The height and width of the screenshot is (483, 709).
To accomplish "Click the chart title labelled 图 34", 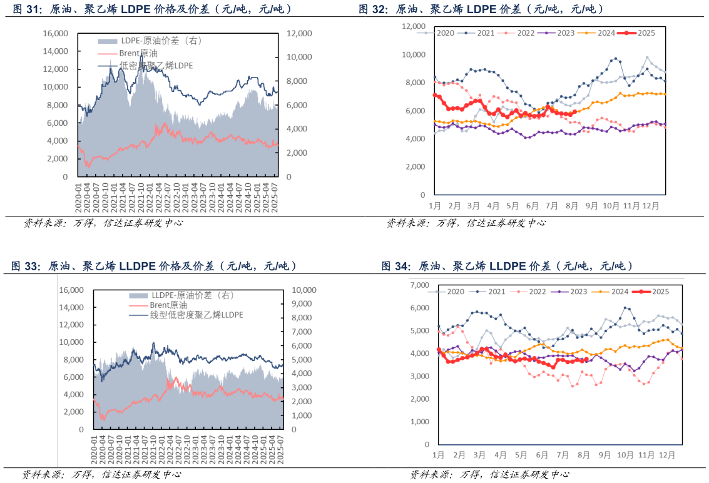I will pos(508,267).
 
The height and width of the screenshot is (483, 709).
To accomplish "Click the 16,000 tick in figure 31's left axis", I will pos(54,33).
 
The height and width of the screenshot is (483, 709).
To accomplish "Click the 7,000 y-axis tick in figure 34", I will pos(421,285).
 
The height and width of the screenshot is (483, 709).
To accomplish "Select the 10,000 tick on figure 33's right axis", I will pos(305,290).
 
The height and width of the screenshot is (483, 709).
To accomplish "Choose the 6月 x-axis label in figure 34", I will pos(543,455).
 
